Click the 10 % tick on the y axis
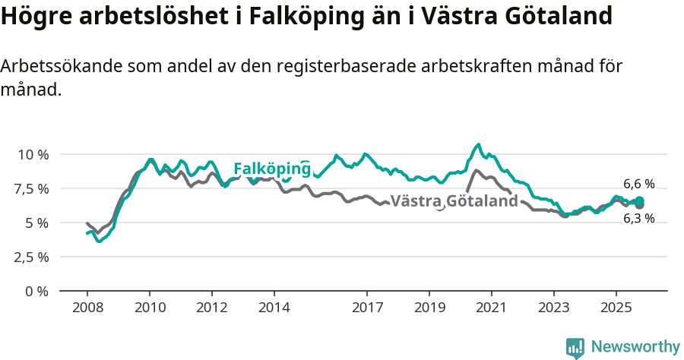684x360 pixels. pyautogui.click(x=33, y=154)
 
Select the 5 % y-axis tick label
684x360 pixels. pyautogui.click(x=38, y=223)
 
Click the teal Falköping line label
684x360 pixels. pyautogui.click(x=271, y=169)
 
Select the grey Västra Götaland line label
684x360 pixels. pyautogui.click(x=454, y=201)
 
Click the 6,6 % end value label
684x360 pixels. pyautogui.click(x=638, y=184)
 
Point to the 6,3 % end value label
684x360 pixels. pyautogui.click(x=638, y=219)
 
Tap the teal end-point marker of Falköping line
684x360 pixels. pyautogui.click(x=639, y=201)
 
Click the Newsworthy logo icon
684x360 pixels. pyautogui.click(x=575, y=347)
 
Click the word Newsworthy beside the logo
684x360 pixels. pyautogui.click(x=635, y=347)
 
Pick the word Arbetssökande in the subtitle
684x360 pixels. pyautogui.click(x=56, y=66)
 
